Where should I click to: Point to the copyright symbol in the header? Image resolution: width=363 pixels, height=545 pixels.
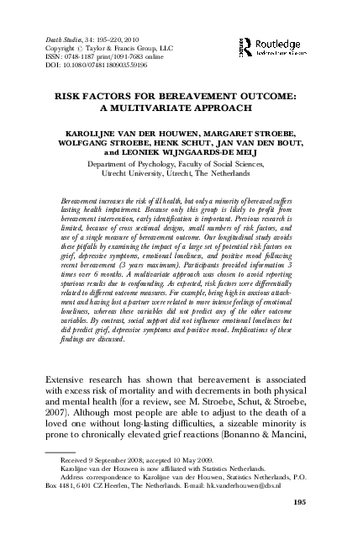point(81,48)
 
